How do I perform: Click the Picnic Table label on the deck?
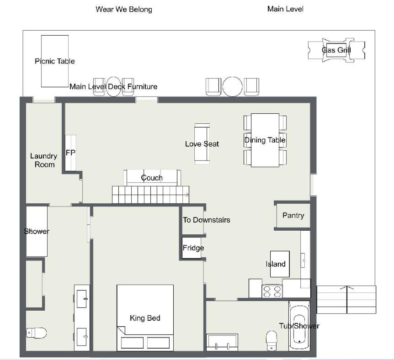click(x=55, y=61)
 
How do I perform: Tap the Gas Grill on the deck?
click(x=336, y=50)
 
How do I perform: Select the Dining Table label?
click(x=265, y=140)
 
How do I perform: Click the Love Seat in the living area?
click(x=202, y=144)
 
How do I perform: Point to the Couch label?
click(x=152, y=178)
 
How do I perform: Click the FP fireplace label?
click(x=70, y=153)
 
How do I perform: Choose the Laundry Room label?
click(x=44, y=160)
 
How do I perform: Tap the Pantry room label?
click(x=293, y=216)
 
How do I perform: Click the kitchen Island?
click(x=280, y=264)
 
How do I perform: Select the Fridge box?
click(x=192, y=248)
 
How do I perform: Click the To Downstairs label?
click(x=207, y=220)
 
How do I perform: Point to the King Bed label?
click(x=145, y=318)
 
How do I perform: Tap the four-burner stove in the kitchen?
click(x=272, y=291)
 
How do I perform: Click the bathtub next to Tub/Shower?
click(x=299, y=325)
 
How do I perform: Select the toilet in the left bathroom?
click(x=37, y=333)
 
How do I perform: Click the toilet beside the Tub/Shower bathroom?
click(x=272, y=341)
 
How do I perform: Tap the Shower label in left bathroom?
click(x=37, y=231)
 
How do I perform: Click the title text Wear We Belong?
click(x=124, y=10)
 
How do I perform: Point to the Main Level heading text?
click(x=285, y=9)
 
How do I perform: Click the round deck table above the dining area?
click(x=233, y=87)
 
